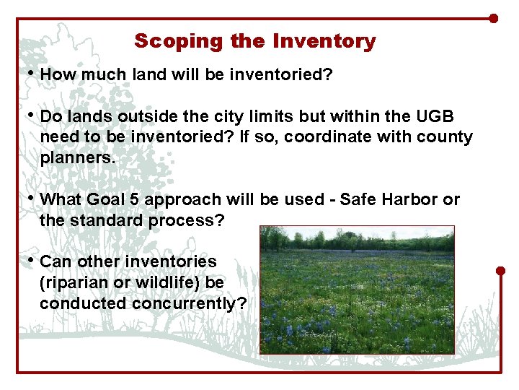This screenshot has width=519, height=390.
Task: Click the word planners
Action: pyautogui.click(x=77, y=158)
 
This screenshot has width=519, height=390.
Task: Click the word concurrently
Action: pyautogui.click(x=189, y=303)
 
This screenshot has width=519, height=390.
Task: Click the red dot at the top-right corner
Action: pyautogui.click(x=493, y=18)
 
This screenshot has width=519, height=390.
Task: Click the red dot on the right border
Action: pyautogui.click(x=501, y=271)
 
